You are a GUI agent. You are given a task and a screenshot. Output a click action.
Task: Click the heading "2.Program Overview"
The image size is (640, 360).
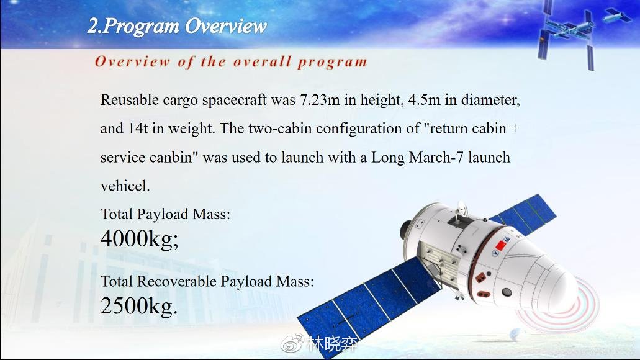point(177,26)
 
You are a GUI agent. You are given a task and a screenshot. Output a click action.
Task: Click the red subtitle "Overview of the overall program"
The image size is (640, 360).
point(231,61)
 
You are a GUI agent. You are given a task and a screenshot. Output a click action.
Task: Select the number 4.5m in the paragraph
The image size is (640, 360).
point(425,99)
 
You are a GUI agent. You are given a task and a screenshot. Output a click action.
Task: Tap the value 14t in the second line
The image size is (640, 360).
point(138,128)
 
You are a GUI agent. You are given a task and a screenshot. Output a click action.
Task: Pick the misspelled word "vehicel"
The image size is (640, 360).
point(125,186)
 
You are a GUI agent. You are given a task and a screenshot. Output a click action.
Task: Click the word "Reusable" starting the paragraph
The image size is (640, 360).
point(129,99)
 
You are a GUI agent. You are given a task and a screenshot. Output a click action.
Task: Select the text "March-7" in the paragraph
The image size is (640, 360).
point(436,158)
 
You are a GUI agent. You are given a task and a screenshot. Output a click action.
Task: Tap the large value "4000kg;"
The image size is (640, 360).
point(140,238)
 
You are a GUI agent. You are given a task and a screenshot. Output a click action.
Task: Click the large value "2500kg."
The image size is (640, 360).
point(139,306)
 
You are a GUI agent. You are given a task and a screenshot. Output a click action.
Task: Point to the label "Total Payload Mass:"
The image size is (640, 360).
point(165,214)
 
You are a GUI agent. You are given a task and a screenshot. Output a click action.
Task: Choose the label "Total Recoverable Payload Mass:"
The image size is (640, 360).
point(207,282)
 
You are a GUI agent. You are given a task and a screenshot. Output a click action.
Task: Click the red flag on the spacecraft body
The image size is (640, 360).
point(500,245)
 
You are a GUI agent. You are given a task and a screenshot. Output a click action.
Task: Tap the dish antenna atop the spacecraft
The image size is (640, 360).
point(462,209)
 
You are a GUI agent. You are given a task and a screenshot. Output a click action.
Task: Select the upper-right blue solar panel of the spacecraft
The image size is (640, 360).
point(525,214)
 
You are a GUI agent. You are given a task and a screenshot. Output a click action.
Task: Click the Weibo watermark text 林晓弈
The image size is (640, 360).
point(332,344)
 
